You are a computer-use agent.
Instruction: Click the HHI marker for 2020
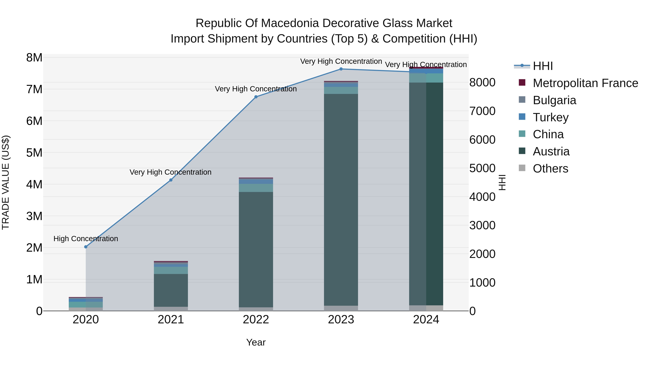[86, 247]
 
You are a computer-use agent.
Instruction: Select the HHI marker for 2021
[171, 180]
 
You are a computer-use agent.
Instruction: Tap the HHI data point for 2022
[256, 97]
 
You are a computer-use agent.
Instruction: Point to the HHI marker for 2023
[341, 69]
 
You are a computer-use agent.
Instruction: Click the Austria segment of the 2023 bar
[341, 199]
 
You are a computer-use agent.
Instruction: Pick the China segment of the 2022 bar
[256, 188]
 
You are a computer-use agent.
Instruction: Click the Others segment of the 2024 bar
[426, 308]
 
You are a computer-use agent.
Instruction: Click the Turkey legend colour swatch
[522, 117]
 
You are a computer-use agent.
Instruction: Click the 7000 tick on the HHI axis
[482, 111]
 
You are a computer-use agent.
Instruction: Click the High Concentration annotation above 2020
[86, 238]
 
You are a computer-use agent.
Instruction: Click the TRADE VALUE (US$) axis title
[6, 182]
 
